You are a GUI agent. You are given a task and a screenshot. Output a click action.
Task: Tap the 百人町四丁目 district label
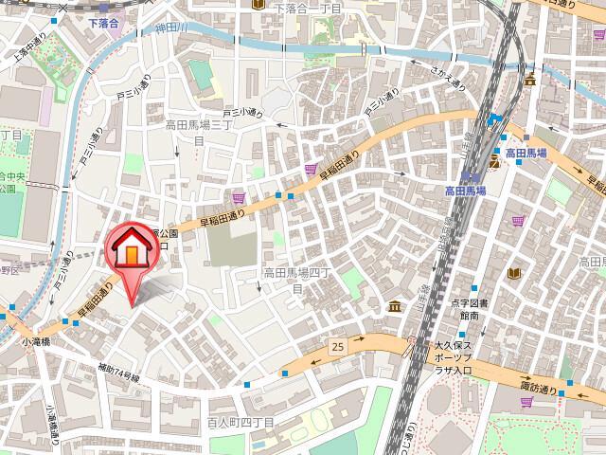241,420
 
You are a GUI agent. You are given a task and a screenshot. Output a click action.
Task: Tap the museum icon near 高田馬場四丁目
393,305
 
